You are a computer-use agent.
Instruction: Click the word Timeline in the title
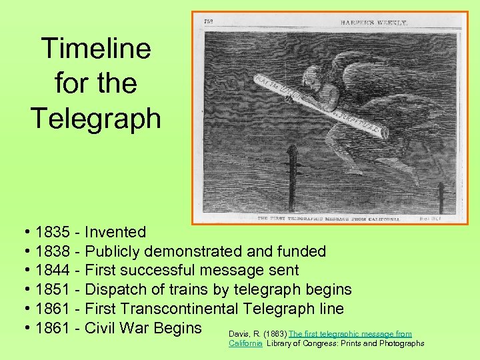[96, 49]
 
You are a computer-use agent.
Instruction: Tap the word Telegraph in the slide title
[96, 118]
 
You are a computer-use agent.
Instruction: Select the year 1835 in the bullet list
[53, 233]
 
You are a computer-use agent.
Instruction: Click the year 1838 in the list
[53, 252]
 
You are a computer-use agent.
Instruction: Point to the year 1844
[53, 271]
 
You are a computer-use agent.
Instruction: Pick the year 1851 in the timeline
[53, 290]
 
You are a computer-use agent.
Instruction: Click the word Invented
[116, 233]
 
